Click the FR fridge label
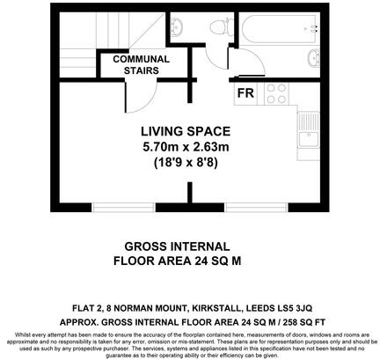tap(245, 91)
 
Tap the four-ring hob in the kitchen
tap(275, 92)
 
